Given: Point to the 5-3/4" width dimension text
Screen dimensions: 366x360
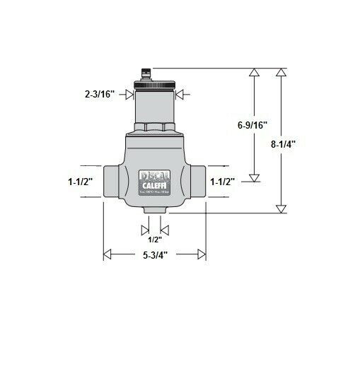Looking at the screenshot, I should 154,254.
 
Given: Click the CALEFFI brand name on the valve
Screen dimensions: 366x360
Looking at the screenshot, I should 154,185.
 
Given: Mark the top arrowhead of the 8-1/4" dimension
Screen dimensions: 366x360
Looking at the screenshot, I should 281,72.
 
